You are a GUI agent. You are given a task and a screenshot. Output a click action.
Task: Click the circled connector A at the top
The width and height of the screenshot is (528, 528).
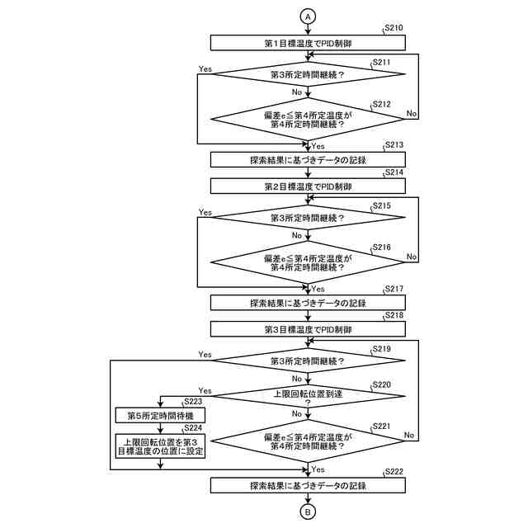tap(308, 16)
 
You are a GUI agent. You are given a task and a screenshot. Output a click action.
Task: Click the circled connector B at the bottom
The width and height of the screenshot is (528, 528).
tap(308, 511)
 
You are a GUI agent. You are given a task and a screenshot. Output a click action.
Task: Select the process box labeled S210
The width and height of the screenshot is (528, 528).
tap(308, 42)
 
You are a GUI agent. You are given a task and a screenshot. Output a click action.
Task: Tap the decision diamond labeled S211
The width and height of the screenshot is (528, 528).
tap(308, 74)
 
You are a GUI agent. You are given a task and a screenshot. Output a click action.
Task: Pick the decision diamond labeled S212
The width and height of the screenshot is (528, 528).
tap(308, 121)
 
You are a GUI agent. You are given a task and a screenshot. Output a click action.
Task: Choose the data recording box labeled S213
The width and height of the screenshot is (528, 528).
tap(308, 159)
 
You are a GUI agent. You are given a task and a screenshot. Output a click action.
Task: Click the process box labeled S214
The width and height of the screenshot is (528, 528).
tap(308, 187)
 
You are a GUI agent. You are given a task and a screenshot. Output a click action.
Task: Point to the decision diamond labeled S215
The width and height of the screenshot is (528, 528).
tap(308, 219)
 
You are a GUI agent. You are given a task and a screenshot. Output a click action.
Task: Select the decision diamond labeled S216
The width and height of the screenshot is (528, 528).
tap(308, 263)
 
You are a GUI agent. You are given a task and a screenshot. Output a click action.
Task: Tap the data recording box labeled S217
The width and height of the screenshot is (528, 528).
tap(308, 303)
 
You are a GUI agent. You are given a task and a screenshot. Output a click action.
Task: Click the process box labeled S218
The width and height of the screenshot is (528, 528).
tap(308, 330)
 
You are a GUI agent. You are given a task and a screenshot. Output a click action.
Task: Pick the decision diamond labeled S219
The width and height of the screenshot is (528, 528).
tap(308, 361)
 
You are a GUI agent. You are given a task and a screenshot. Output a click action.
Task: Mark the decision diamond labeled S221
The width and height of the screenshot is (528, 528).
tap(308, 441)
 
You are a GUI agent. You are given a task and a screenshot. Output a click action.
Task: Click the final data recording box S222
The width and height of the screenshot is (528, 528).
tap(308, 485)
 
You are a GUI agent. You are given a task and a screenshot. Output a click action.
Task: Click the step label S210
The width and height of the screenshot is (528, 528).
tap(394, 29)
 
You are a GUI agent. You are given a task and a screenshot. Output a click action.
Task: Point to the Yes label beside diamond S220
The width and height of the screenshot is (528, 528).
tap(205, 390)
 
